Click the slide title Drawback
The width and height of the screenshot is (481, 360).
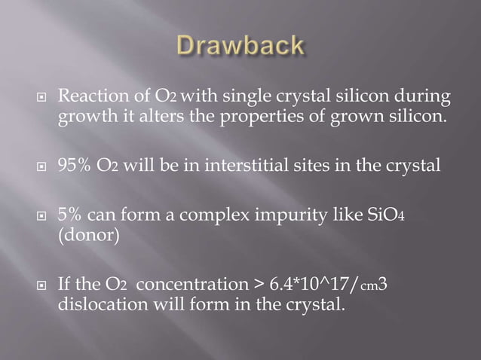241,46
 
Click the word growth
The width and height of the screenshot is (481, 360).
81,117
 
